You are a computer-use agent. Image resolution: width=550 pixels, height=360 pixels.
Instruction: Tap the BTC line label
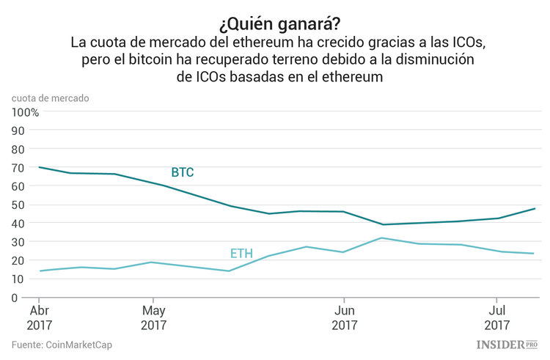(x=183, y=172)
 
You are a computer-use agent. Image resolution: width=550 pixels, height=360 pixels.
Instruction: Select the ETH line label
(x=241, y=254)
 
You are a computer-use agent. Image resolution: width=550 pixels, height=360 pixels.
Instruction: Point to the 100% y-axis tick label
(x=25, y=112)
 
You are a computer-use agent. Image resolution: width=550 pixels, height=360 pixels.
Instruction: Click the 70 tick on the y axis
(x=19, y=168)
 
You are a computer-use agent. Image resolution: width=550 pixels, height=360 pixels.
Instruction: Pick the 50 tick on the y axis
(x=19, y=205)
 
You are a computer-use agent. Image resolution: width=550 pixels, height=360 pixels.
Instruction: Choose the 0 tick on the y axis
(x=14, y=298)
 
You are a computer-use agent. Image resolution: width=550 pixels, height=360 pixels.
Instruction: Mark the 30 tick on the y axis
(x=19, y=242)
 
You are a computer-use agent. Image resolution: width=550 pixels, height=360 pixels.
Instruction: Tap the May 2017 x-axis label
(x=153, y=317)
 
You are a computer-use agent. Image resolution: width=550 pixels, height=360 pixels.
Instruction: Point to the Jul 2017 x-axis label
(x=496, y=317)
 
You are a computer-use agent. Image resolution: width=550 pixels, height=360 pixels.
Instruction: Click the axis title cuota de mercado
(x=51, y=97)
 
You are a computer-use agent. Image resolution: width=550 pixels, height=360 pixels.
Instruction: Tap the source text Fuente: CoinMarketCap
(x=62, y=345)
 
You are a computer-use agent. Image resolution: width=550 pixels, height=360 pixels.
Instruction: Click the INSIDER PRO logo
(x=507, y=344)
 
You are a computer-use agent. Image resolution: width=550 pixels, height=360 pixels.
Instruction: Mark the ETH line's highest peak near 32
(x=381, y=238)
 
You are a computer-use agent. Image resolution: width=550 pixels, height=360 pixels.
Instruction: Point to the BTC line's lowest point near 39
(x=381, y=224)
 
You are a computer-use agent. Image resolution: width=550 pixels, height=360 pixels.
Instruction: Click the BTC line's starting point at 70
(x=39, y=167)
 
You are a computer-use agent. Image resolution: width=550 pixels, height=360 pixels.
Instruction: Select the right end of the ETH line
(x=533, y=254)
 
